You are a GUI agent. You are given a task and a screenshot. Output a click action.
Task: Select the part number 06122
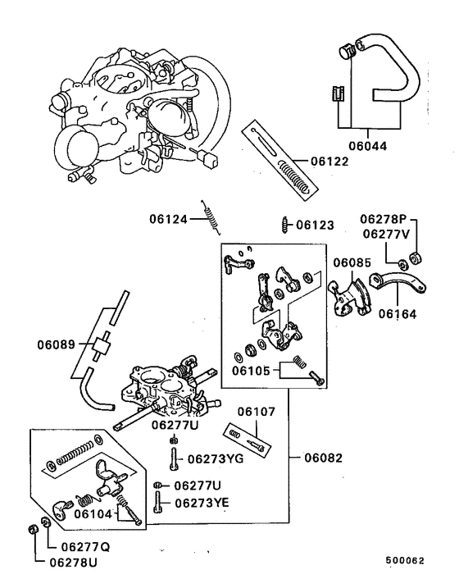click(x=329, y=161)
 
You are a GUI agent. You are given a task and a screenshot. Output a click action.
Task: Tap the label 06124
click(x=169, y=219)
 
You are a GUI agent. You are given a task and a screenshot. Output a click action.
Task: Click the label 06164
click(x=398, y=312)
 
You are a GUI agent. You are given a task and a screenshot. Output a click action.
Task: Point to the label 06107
click(x=258, y=412)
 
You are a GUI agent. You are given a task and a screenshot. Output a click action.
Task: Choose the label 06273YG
click(x=216, y=459)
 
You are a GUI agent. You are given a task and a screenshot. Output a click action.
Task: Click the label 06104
click(x=93, y=513)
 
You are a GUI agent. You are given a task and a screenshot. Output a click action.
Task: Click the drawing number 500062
click(x=406, y=563)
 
